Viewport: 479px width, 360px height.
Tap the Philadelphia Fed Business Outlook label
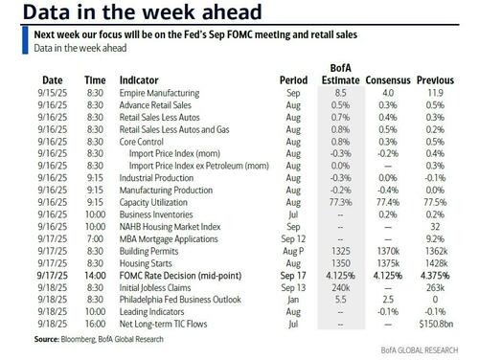[x=176, y=297]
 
